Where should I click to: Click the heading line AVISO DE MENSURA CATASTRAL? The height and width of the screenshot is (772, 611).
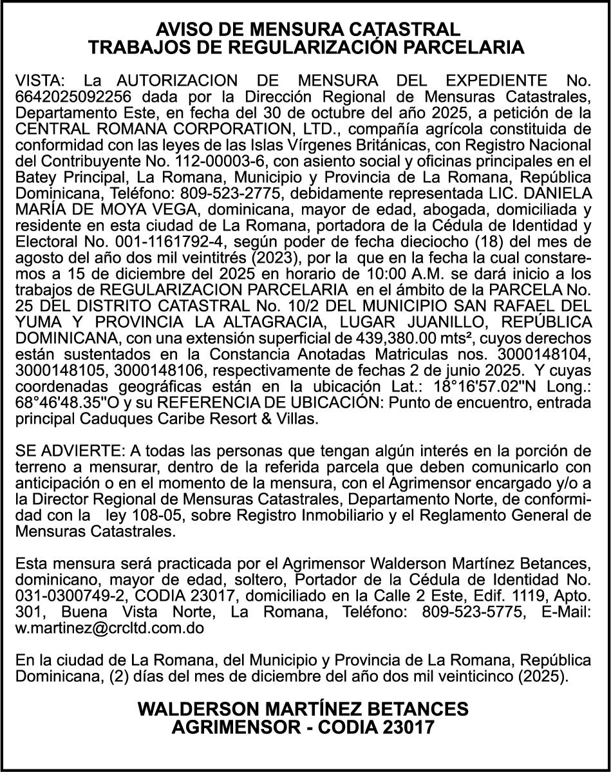(x=305, y=30)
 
